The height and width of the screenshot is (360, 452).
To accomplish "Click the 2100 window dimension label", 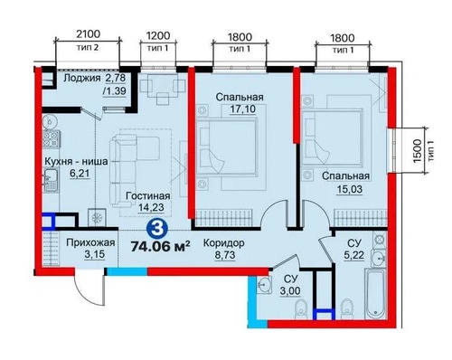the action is pyautogui.click(x=88, y=34).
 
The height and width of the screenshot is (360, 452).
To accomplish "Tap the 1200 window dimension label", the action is pyautogui.click(x=158, y=35).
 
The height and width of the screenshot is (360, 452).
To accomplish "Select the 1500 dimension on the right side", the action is pyautogui.click(x=417, y=151).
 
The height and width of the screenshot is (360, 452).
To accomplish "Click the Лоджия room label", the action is pyautogui.click(x=82, y=79).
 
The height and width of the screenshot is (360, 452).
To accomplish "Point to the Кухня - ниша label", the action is pyautogui.click(x=76, y=161).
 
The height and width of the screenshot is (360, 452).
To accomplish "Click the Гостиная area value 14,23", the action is pyautogui.click(x=151, y=207).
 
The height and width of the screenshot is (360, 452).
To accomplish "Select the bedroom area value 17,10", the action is pyautogui.click(x=243, y=109).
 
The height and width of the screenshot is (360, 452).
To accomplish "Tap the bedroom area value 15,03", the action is pyautogui.click(x=350, y=189).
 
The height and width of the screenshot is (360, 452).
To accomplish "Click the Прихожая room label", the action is pyautogui.click(x=90, y=242).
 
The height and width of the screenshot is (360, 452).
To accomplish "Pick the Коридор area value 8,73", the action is pyautogui.click(x=225, y=255).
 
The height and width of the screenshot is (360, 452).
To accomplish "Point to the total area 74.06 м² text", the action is pyautogui.click(x=160, y=246).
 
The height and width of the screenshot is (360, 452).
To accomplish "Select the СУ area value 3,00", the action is pyautogui.click(x=290, y=291).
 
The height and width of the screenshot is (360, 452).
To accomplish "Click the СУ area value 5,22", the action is pyautogui.click(x=353, y=255).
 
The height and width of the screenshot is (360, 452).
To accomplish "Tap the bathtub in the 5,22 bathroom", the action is pyautogui.click(x=375, y=295).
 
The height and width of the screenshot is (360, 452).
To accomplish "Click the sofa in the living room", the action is pyautogui.click(x=134, y=171).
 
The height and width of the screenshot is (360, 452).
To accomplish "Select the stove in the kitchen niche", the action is pyautogui.click(x=51, y=139).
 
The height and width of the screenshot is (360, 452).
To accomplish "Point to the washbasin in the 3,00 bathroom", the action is pyautogui.click(x=264, y=284).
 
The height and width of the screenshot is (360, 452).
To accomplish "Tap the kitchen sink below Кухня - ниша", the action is pyautogui.click(x=51, y=180).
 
